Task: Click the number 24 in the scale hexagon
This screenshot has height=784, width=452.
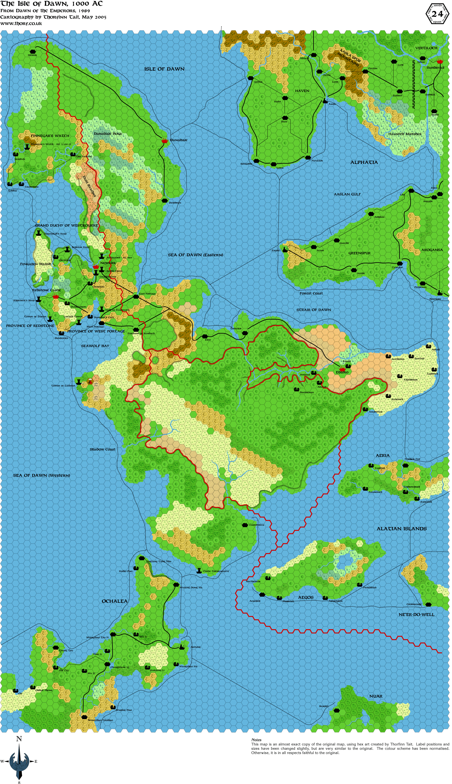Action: click(x=437, y=14)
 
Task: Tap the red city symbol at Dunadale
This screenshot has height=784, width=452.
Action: click(x=165, y=141)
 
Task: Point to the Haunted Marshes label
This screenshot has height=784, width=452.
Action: click(x=405, y=134)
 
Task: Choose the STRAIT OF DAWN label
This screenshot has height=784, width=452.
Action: click(x=314, y=310)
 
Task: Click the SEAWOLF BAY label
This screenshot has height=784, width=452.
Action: click(x=95, y=346)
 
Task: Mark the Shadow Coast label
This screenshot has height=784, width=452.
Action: click(x=102, y=449)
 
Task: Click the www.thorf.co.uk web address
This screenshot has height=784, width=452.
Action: click(x=21, y=23)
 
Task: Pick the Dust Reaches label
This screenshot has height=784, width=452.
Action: click(x=90, y=186)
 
